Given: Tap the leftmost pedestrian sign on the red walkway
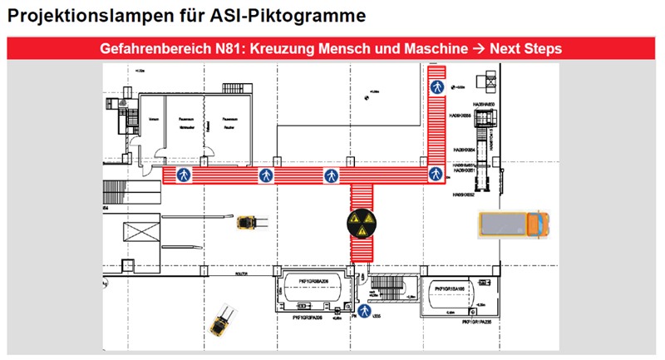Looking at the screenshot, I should [x=183, y=175].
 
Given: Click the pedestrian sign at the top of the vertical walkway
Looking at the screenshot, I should [x=436, y=86].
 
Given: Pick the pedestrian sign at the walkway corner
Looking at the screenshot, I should [x=434, y=174].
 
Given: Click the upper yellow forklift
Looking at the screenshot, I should [x=246, y=223].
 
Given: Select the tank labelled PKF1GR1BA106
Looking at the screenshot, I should [x=455, y=297].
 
